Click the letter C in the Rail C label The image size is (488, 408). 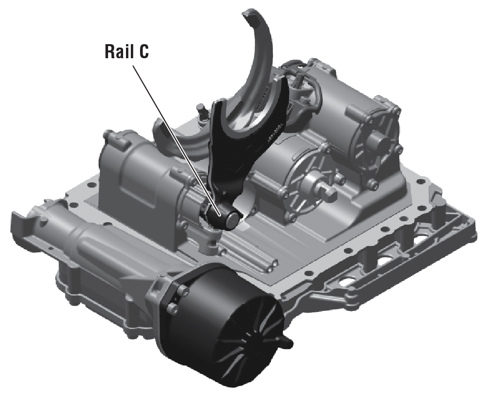click(x=143, y=51)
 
